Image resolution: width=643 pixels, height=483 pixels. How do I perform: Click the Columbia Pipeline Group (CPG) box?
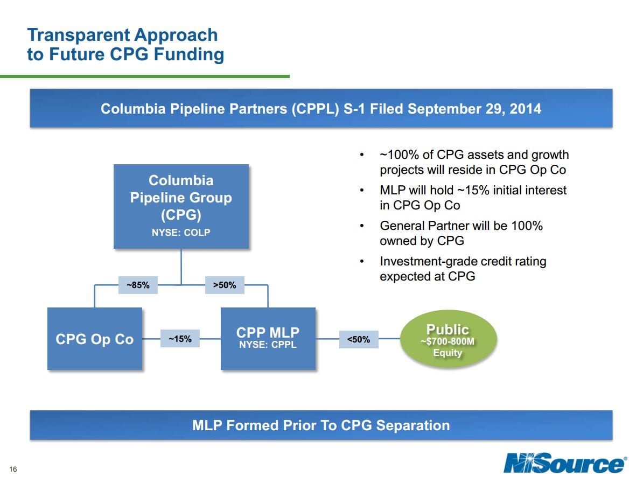point(181,206)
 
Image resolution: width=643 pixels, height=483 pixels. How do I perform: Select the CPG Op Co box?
point(95,339)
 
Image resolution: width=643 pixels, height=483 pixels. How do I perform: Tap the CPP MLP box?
point(268,339)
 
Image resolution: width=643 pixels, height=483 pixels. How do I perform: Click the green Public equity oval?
point(448,339)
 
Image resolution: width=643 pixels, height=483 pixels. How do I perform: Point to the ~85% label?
point(138,285)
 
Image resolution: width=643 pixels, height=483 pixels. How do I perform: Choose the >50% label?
point(225,285)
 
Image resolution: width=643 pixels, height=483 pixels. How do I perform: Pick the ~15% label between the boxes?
point(180,339)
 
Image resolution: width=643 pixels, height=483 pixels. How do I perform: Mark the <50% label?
point(358,339)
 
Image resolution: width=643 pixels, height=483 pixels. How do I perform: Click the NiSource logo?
point(565,463)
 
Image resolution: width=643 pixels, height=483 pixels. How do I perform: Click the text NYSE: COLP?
point(181,233)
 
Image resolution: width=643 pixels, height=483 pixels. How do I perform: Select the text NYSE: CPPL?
point(268,345)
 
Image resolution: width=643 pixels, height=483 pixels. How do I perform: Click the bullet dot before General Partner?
point(362,227)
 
